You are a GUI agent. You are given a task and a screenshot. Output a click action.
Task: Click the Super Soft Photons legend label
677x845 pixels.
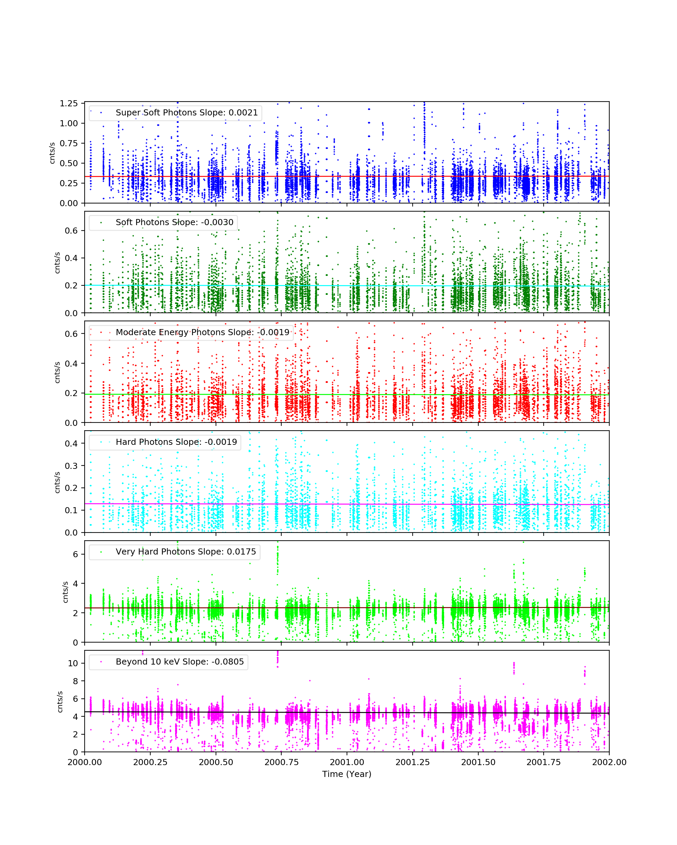point(187,112)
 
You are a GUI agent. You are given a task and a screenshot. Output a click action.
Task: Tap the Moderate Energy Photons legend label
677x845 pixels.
point(202,332)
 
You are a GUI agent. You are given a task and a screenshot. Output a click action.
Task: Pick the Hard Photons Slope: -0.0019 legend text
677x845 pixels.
point(176,442)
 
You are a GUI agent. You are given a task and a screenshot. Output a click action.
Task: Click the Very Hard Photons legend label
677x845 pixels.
point(186,551)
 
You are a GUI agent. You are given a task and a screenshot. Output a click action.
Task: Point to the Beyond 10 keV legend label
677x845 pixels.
point(179,662)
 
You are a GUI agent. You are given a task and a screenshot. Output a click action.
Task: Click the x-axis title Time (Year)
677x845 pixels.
point(347,774)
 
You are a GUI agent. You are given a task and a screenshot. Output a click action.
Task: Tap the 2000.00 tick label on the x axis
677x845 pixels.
point(85,762)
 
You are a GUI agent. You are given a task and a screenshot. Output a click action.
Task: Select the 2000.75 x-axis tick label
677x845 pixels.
point(281,762)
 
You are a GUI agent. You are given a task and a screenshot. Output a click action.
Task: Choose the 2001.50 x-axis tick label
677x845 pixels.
point(478,762)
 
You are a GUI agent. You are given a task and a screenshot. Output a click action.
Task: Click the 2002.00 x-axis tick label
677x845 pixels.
point(609,762)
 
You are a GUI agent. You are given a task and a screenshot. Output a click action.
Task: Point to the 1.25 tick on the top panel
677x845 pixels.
point(69,104)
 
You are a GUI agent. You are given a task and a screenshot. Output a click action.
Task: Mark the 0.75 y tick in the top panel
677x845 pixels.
point(69,144)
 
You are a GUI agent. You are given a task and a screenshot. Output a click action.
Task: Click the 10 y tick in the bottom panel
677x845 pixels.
point(73,663)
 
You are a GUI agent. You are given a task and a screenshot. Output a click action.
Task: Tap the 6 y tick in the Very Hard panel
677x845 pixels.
point(75,554)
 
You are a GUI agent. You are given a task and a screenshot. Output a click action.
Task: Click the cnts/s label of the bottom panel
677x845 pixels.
point(60,701)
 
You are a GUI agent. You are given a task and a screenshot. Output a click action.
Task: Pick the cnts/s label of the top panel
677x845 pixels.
point(52,153)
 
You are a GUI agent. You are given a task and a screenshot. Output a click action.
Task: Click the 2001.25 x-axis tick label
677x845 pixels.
point(413,762)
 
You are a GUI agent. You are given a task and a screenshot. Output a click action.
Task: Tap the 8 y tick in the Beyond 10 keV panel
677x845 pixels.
point(75,681)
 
